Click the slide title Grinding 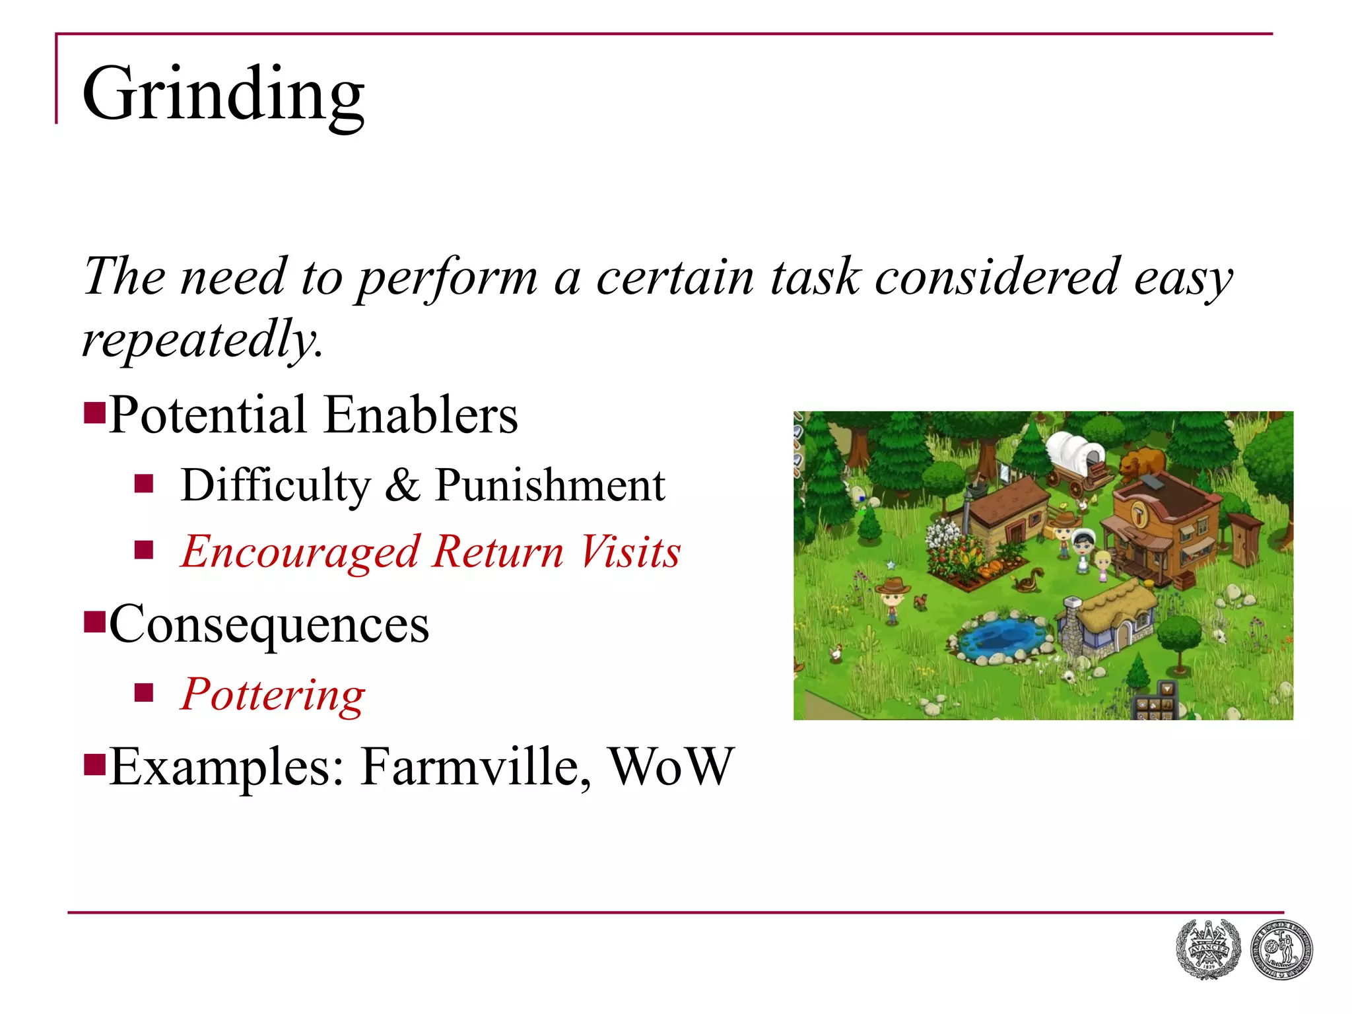[x=222, y=94]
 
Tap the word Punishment [x=550, y=485]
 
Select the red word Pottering [x=273, y=694]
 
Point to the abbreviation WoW [x=671, y=766]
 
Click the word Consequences [x=269, y=625]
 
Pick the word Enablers [x=421, y=415]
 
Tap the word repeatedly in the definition [x=201, y=339]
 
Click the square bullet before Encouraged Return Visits [x=143, y=550]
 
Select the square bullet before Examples [x=95, y=764]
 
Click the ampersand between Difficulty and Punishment [x=402, y=485]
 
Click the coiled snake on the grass [x=1027, y=582]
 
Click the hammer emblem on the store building [x=1140, y=513]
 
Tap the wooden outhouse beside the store [x=1245, y=541]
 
